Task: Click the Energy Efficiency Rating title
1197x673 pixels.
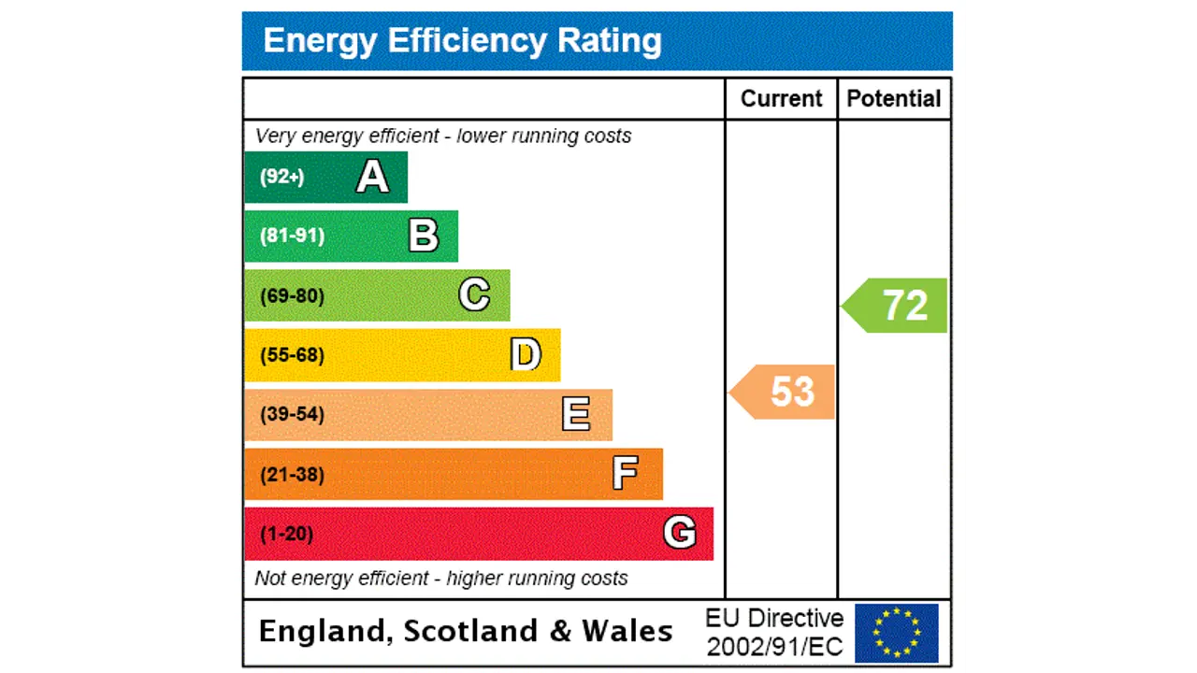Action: (462, 41)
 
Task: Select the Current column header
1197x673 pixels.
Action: (781, 99)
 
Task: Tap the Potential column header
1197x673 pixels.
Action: (893, 99)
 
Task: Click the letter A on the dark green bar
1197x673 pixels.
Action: (372, 177)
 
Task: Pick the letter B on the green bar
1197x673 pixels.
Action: (424, 236)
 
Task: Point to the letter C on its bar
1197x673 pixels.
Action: (474, 295)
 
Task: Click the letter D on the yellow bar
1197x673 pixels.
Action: (526, 355)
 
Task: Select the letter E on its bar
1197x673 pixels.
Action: (576, 414)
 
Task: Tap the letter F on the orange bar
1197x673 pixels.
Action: (625, 474)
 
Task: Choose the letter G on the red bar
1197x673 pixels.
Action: (679, 533)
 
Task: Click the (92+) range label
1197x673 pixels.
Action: (281, 177)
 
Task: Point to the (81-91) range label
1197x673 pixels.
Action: (292, 236)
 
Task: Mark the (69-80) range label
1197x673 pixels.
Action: (292, 296)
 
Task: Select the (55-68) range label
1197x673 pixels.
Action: (292, 355)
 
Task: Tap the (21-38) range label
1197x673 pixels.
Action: (292, 475)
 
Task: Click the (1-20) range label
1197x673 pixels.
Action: (286, 534)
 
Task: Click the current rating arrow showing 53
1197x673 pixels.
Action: (784, 392)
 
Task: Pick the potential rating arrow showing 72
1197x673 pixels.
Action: (896, 306)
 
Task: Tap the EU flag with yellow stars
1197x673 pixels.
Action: (896, 633)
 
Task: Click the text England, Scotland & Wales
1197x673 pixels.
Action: (465, 631)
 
